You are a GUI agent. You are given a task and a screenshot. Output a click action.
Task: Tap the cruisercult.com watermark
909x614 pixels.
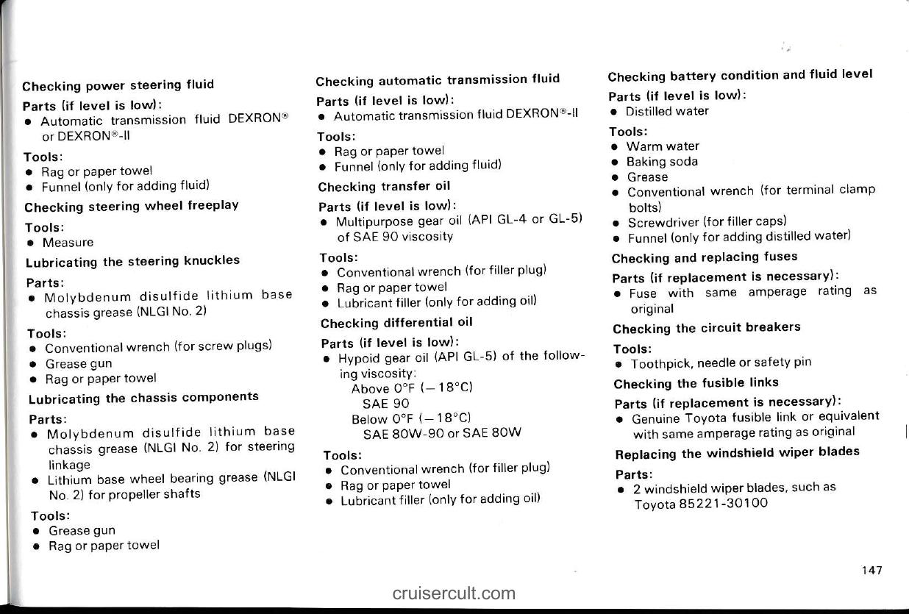pos(454,593)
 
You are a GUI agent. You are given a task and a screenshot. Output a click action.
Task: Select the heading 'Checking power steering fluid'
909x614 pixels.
pos(118,85)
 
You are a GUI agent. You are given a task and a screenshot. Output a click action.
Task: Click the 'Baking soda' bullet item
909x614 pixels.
pos(662,162)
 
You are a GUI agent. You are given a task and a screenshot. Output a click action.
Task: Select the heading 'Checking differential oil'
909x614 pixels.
pos(396,322)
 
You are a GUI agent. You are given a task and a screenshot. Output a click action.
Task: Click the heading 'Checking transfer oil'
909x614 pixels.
pos(384,186)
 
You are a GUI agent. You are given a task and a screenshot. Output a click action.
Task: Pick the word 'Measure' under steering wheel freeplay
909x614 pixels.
pos(68,242)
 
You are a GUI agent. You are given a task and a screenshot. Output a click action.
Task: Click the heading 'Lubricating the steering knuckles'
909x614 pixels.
pos(132,261)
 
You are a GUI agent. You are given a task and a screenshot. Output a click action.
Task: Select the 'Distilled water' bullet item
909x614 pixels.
pos(667,111)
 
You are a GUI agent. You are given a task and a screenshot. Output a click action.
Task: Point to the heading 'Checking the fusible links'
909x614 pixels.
pos(696,382)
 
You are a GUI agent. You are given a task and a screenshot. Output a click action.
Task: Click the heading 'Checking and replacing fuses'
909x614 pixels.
pos(705,257)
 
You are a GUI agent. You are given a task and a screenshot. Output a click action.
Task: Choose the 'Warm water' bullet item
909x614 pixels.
pos(663,146)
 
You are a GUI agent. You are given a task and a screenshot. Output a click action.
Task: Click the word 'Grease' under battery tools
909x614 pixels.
pos(647,176)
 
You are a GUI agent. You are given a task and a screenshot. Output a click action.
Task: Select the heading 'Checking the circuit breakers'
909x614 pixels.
pos(706,327)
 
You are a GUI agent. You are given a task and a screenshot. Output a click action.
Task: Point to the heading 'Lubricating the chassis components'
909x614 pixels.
pos(143,398)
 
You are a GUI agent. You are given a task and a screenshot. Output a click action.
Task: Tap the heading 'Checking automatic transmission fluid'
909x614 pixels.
pos(438,79)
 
